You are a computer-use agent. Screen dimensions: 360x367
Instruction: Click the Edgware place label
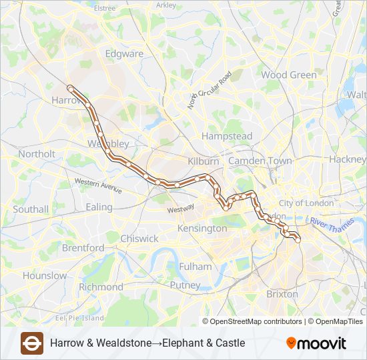tap(124, 54)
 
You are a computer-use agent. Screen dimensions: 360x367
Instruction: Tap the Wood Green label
tap(288, 75)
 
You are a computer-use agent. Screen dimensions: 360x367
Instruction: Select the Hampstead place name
tap(227, 136)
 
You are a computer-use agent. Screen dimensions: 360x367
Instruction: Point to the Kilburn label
tap(203, 161)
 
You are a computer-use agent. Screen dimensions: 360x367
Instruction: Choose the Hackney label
tap(347, 160)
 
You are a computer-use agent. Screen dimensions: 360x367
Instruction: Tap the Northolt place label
tap(37, 154)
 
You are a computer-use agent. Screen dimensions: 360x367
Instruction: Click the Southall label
tap(31, 209)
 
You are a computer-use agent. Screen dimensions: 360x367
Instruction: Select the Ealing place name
tap(99, 207)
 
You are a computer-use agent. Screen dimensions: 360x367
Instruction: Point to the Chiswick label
tap(139, 239)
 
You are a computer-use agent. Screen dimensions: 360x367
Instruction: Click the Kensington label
tap(202, 229)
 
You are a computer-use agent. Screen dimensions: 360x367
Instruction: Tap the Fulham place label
tap(196, 267)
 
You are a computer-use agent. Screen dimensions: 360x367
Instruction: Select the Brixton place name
tap(282, 294)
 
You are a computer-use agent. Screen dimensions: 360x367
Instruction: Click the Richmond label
tap(101, 287)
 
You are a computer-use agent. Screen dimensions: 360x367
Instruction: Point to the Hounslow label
tap(44, 275)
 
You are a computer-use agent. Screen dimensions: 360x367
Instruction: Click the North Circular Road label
tap(209, 90)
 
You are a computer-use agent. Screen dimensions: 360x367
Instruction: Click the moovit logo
tap(316, 343)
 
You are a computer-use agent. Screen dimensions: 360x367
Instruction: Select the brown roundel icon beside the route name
tap(31, 343)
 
